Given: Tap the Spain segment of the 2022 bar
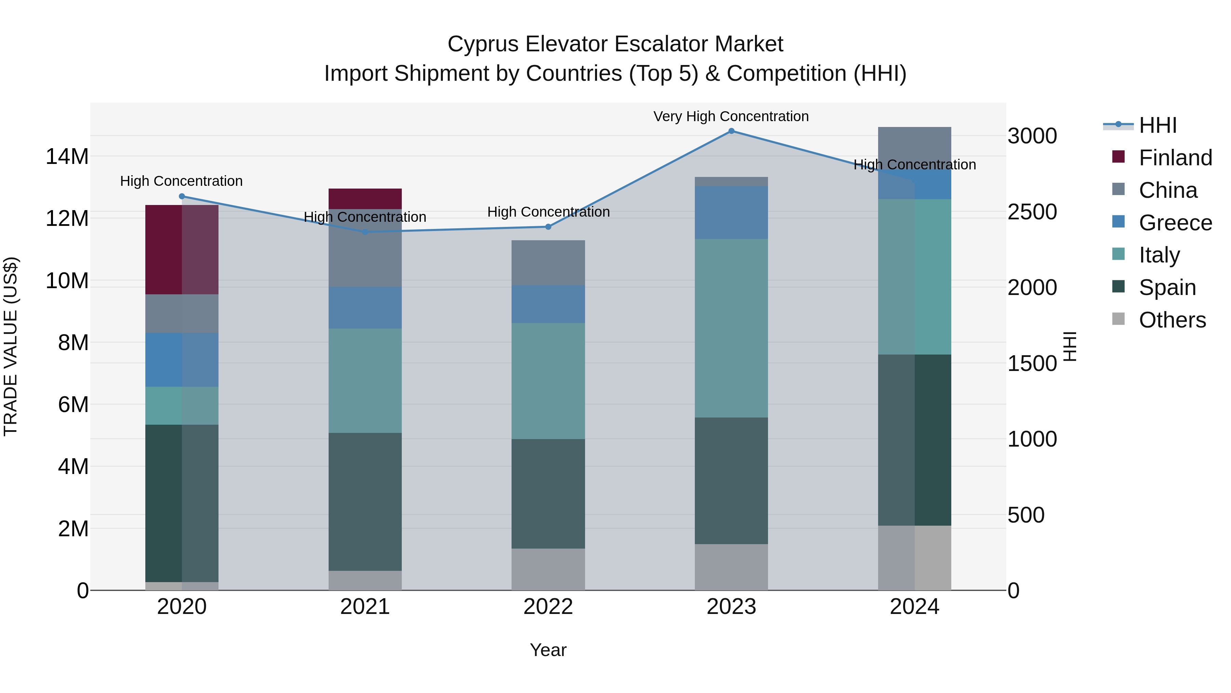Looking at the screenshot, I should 548,493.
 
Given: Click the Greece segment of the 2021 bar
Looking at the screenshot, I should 365,308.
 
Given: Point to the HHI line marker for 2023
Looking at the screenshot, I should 731,131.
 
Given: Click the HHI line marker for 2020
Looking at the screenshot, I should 182,196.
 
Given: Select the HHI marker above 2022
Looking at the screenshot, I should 548,227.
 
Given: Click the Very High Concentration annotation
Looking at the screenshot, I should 731,116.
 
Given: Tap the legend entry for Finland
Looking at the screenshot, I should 1175,158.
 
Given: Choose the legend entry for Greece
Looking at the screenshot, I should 1175,223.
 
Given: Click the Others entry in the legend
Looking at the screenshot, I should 1172,320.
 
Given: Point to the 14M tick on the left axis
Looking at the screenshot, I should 67,156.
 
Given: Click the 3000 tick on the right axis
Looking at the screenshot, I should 1032,136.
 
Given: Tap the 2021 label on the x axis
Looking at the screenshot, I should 365,607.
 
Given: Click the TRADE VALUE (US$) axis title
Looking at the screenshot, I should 11,346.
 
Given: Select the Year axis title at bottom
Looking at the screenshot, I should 548,650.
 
